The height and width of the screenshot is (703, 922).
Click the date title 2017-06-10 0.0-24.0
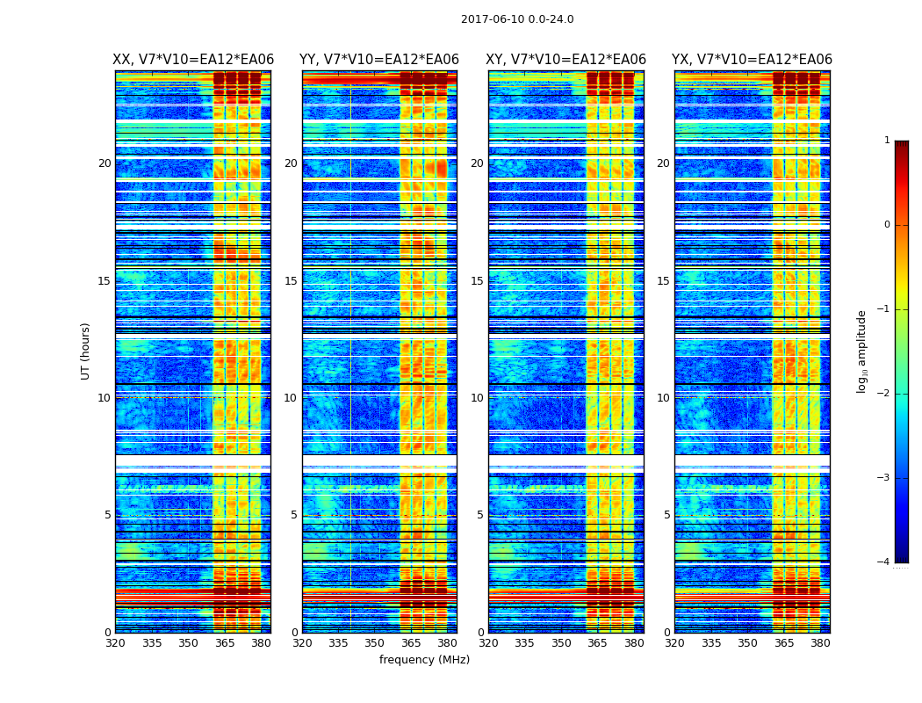[517, 19]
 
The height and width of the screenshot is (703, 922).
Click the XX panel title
[193, 60]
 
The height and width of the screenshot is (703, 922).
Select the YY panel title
[379, 60]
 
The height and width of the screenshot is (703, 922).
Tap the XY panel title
[566, 60]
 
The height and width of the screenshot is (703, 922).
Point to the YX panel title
[752, 60]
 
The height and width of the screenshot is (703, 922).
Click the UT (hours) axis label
[85, 351]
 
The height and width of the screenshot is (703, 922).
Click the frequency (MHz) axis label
[424, 660]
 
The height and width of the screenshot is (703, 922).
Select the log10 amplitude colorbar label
[862, 351]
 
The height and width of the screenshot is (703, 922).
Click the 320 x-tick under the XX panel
[115, 643]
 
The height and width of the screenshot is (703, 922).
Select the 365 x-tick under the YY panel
[411, 643]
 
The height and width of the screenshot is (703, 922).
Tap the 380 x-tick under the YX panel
[820, 643]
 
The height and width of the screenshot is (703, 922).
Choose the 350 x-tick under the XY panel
[561, 643]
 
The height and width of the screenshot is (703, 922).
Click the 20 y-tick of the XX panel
[104, 163]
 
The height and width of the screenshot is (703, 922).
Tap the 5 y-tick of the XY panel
[480, 515]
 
